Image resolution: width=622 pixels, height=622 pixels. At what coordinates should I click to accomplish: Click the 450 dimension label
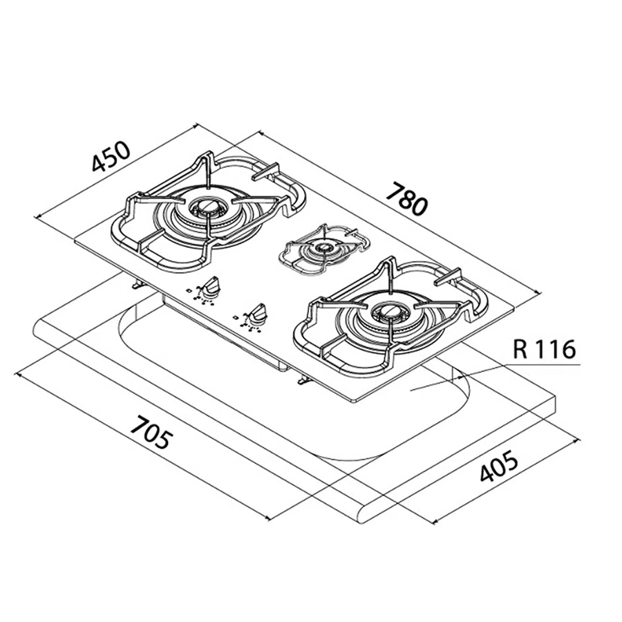tap(111, 157)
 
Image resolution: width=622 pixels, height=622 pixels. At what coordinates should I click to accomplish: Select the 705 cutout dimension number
tap(152, 433)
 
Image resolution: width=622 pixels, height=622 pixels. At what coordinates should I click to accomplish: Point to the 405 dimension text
tap(498, 466)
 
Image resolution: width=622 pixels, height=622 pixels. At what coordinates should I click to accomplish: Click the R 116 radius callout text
tap(544, 350)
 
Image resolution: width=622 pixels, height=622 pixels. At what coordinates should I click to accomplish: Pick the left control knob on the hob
tap(210, 285)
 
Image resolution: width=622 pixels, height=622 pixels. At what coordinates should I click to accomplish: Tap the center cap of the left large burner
tap(208, 206)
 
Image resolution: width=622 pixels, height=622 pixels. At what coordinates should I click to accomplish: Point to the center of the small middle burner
tap(323, 248)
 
